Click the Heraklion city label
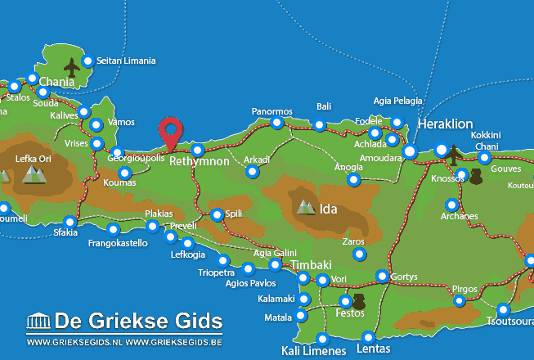(x=445, y=124)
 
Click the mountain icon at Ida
(x=307, y=208)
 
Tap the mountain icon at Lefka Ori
(x=34, y=173)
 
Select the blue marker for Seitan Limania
(x=88, y=61)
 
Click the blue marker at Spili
(x=217, y=215)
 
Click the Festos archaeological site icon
(x=358, y=300)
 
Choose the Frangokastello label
(x=118, y=243)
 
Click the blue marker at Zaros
(x=359, y=254)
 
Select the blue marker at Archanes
(x=451, y=205)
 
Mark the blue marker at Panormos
(x=276, y=123)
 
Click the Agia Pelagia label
(x=397, y=101)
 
